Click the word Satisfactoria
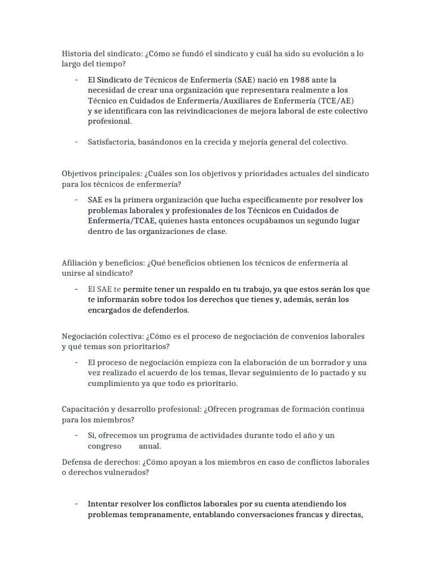point(110,142)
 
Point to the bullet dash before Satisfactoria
point(75,142)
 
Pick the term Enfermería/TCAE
point(121,220)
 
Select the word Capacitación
point(87,409)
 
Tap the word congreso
point(105,446)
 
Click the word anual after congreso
point(150,446)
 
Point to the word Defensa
point(78,462)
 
